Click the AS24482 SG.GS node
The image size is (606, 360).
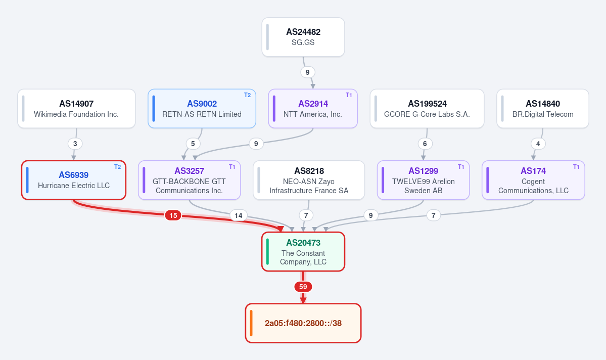303,37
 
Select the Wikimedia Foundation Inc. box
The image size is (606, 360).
76,109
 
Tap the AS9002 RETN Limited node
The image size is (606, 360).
202,109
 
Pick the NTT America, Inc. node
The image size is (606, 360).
313,109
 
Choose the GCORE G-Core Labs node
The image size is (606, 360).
427,109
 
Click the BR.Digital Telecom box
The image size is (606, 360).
543,109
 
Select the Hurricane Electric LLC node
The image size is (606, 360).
74,180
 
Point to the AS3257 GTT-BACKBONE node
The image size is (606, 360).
190,180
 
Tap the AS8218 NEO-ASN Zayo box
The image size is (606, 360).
309,180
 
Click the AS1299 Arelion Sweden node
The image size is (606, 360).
423,180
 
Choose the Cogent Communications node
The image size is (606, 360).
533,180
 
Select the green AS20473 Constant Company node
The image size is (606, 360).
303,252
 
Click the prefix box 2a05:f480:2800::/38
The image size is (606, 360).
303,323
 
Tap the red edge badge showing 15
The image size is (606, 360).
173,215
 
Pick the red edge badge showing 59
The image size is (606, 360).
303,287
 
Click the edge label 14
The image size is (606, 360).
239,215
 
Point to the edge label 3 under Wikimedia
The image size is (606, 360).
75,144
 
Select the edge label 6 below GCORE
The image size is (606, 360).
425,144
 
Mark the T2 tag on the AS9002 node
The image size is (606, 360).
247,95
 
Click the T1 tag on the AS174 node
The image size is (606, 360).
576,167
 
